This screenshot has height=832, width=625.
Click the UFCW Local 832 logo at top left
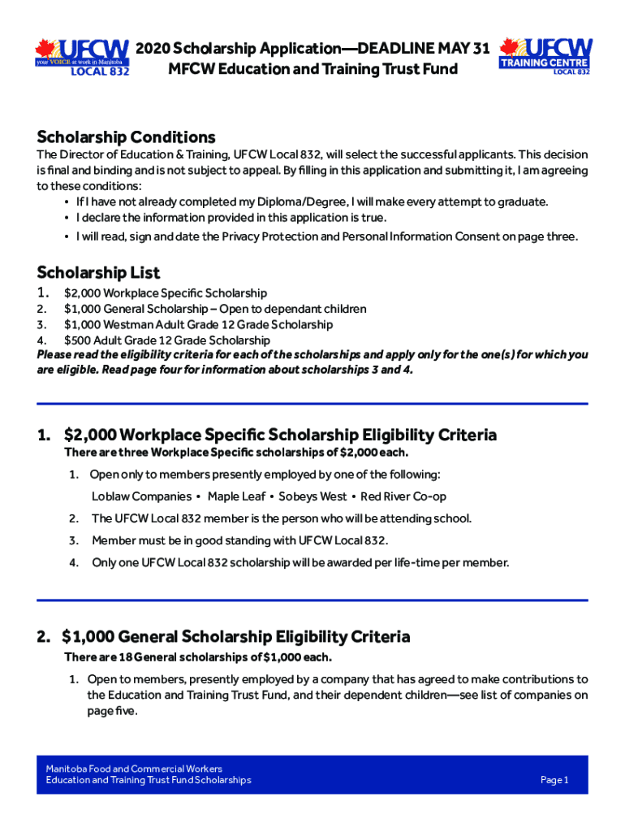(x=83, y=57)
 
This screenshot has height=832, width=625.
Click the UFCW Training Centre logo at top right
(x=545, y=56)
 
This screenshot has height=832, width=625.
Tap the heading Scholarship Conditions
(x=126, y=136)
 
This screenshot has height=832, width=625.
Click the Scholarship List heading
(x=98, y=272)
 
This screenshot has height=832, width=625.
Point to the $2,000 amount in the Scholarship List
(x=82, y=293)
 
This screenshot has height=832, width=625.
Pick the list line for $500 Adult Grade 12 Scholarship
(x=166, y=340)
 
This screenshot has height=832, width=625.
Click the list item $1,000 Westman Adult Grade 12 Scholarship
(x=198, y=325)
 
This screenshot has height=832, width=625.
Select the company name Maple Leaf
(x=236, y=496)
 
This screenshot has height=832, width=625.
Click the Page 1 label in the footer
(x=554, y=780)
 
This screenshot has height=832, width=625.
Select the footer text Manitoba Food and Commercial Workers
(x=134, y=768)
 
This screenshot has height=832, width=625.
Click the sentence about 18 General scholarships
(x=198, y=656)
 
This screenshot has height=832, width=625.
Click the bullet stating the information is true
(x=231, y=218)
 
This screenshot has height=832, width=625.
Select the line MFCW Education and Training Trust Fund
(x=312, y=69)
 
